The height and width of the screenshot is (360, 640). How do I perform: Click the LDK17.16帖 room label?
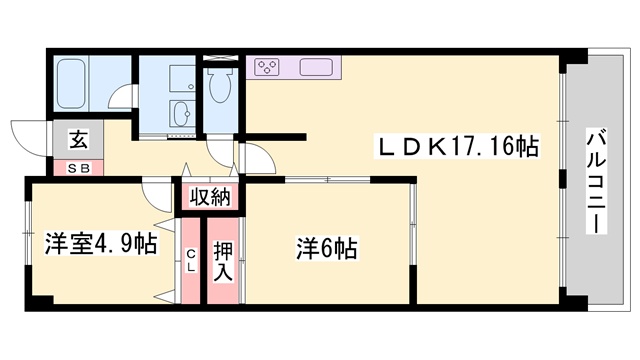click(x=457, y=146)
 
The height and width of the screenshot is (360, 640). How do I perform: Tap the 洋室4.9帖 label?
click(x=100, y=244)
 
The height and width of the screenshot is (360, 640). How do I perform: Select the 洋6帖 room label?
click(x=327, y=249)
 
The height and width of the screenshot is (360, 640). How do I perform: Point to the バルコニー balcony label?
click(x=596, y=181)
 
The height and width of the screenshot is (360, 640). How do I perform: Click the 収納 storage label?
click(x=210, y=197)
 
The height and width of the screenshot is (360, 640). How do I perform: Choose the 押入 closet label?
click(x=223, y=261)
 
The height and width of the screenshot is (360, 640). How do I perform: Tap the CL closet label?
click(x=191, y=261)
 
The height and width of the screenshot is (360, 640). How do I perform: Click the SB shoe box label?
click(x=78, y=169)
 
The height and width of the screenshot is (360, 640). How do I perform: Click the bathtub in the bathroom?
click(x=71, y=84)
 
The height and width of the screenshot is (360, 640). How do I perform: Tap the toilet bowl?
click(x=220, y=85)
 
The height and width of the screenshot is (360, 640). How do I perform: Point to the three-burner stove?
click(x=267, y=67)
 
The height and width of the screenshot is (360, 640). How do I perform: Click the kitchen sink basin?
click(x=316, y=67)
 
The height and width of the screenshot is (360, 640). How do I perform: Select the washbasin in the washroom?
click(x=181, y=113)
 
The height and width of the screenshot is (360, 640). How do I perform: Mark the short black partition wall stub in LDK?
click(x=273, y=137)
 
